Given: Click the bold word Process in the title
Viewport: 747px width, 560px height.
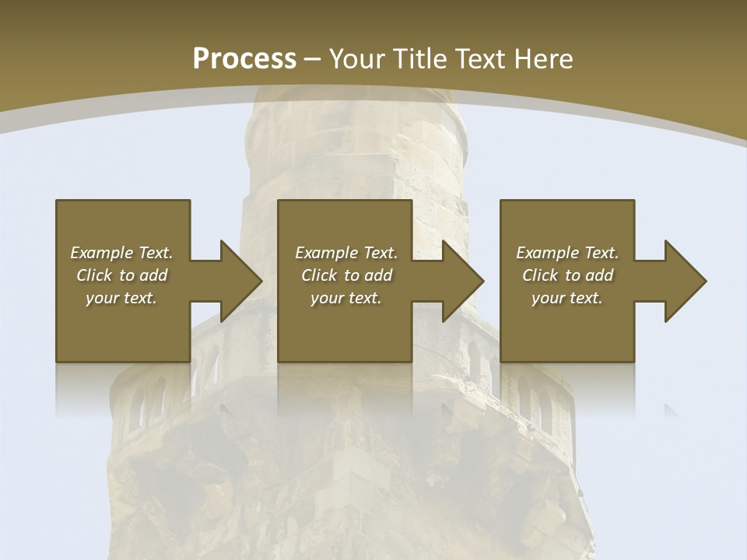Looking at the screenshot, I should (244, 58).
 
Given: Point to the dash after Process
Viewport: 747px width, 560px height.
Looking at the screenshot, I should (312, 59).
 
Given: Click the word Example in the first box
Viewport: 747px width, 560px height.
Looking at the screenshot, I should (102, 253).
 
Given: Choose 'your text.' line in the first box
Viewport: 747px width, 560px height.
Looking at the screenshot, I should (121, 298).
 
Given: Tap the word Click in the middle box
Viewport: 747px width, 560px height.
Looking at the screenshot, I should (318, 275).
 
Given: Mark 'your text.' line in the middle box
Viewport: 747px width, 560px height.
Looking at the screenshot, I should (345, 298).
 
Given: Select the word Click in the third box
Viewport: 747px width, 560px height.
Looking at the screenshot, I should (539, 275).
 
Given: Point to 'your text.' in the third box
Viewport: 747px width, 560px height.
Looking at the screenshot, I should (567, 298).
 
